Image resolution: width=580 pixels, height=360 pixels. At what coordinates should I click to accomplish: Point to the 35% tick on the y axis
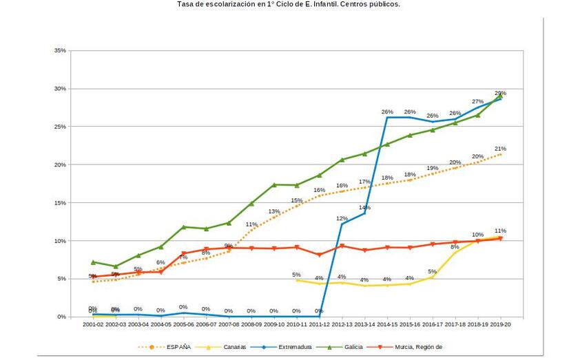click(60, 51)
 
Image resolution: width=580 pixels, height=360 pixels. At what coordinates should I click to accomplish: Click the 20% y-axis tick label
click(60, 165)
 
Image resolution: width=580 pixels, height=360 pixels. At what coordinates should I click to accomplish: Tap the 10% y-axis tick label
click(60, 241)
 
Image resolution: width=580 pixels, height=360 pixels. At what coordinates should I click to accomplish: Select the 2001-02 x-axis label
click(93, 324)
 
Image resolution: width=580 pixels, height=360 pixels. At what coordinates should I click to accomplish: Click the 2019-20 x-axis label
click(500, 324)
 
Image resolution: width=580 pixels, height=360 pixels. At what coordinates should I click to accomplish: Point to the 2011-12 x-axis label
click(319, 324)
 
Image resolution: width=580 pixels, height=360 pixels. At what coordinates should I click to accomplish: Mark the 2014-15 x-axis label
click(387, 324)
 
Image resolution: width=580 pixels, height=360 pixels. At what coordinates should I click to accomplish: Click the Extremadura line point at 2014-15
click(387, 118)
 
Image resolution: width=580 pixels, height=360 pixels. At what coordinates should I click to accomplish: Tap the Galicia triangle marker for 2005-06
click(184, 227)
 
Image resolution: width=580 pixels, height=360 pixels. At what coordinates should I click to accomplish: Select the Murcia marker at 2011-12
click(319, 255)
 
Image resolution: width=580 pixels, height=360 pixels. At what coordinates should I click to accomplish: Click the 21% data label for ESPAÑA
click(500, 149)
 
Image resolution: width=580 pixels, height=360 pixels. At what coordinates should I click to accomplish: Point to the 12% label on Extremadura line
click(342, 218)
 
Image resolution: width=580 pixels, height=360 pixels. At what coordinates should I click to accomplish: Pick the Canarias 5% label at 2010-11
click(296, 275)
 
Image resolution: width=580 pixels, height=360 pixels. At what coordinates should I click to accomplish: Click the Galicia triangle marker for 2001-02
click(93, 262)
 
